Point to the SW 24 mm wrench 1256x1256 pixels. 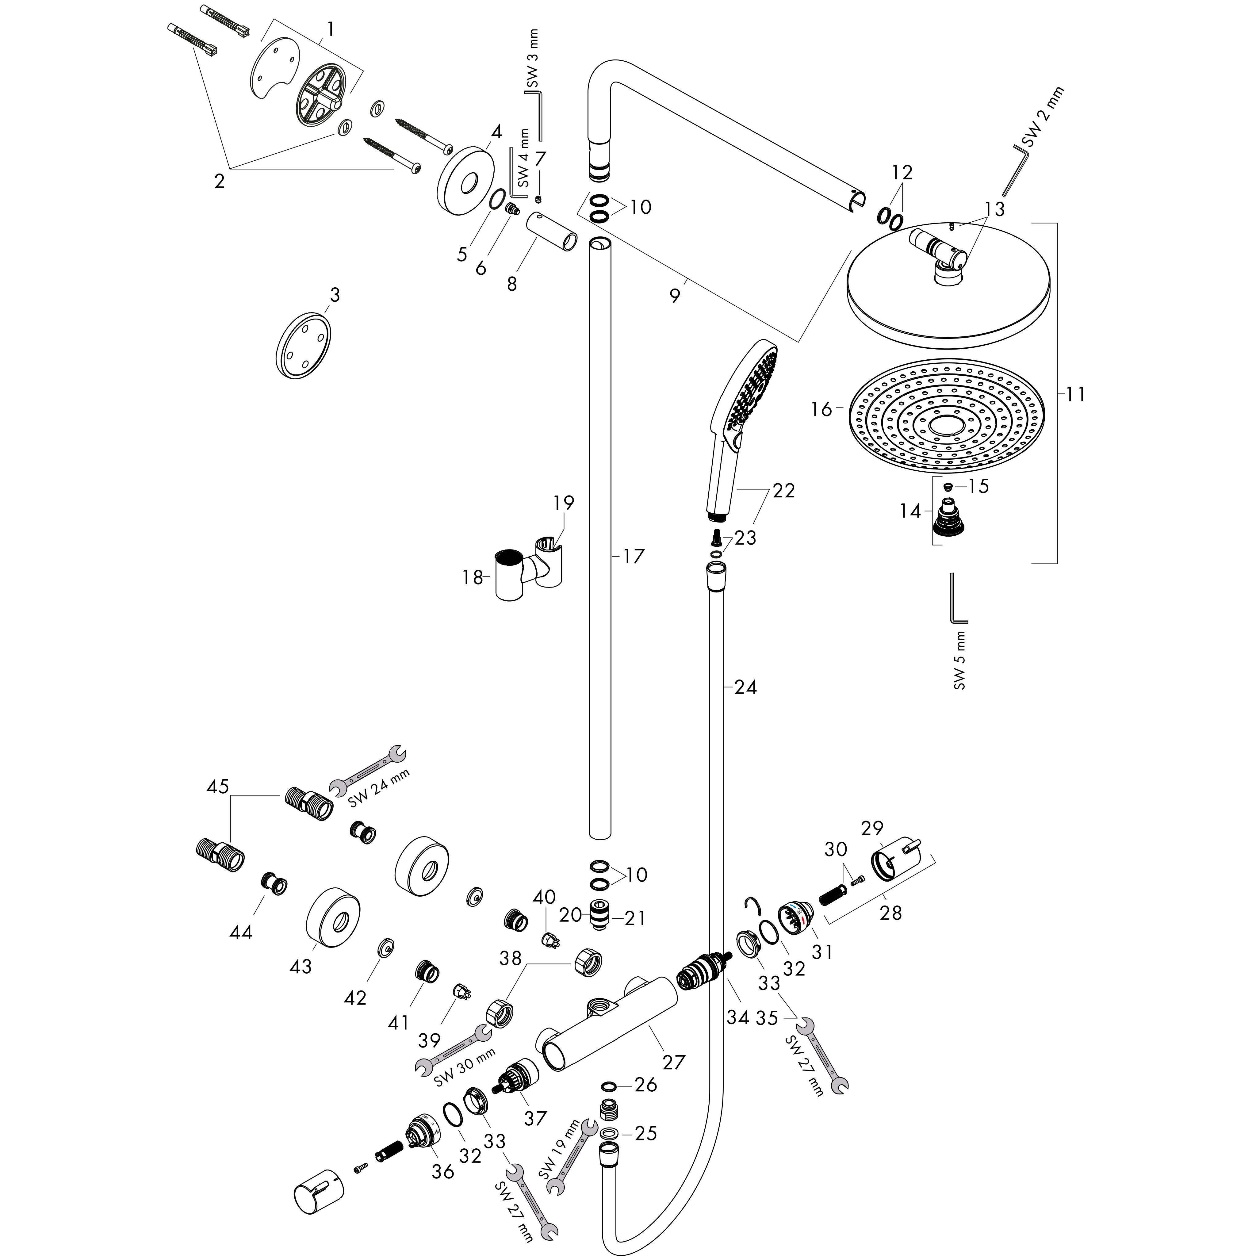click(x=367, y=770)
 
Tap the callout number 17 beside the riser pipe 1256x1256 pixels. click(x=633, y=556)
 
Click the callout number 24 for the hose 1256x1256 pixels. click(x=745, y=687)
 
